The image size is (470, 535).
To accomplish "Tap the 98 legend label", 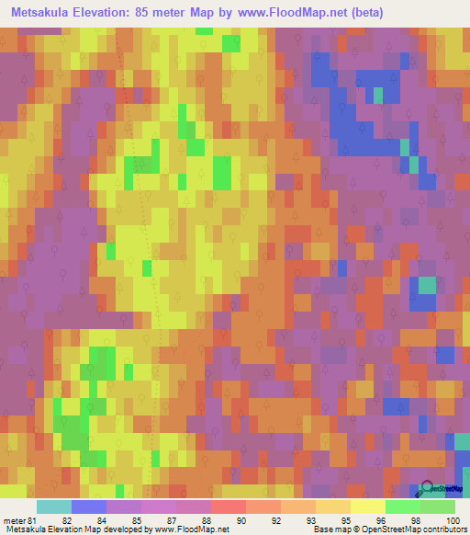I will [413, 520].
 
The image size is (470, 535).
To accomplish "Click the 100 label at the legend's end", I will [448, 520].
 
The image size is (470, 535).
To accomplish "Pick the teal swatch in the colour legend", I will [54, 507].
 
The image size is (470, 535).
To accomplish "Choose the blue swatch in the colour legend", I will [89, 507].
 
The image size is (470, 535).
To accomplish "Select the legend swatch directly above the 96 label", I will [368, 507].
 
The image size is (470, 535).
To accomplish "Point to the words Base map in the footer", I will [330, 530].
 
